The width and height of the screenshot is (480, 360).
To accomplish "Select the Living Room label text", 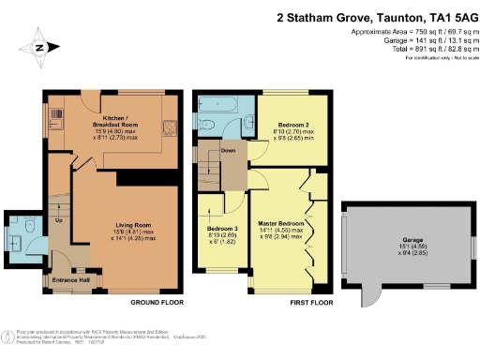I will (128, 226).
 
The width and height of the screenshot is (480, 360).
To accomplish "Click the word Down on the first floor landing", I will (229, 149).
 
